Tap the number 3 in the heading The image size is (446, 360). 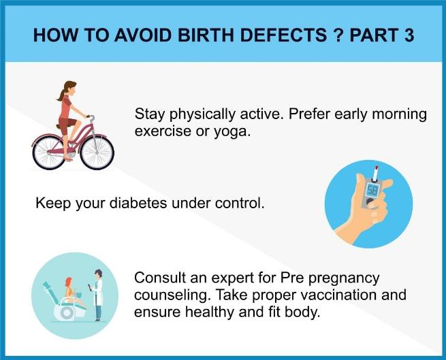click(x=409, y=35)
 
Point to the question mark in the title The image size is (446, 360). click(x=338, y=35)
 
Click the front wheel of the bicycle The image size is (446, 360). click(x=97, y=152)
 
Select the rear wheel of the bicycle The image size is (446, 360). click(x=50, y=152)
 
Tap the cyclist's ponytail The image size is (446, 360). click(x=61, y=95)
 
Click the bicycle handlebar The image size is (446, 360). click(x=91, y=118)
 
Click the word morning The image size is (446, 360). click(x=399, y=114)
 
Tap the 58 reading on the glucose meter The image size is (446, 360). click(x=372, y=191)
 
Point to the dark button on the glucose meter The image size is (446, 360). click(x=370, y=201)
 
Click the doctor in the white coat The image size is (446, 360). click(x=97, y=295)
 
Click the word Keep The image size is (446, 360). click(x=53, y=203)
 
